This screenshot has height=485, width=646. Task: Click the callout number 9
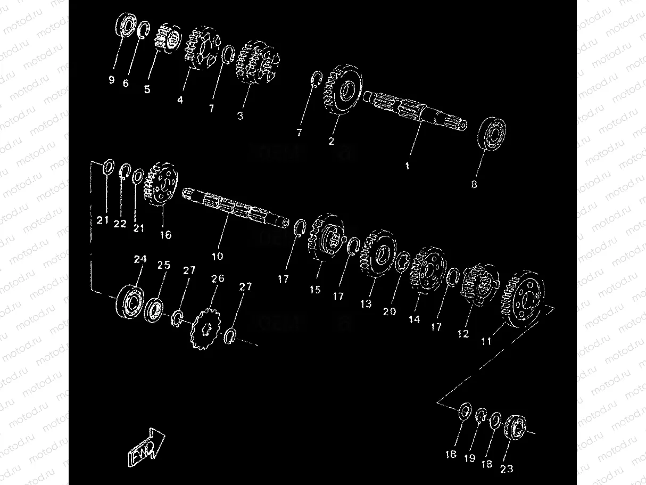coord(111,80)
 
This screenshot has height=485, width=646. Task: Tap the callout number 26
coord(218,278)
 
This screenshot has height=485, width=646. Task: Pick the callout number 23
coord(507,469)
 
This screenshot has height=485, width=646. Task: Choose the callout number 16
coord(165,234)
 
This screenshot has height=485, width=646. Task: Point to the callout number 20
coord(390,311)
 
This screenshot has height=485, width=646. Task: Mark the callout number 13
coord(366,303)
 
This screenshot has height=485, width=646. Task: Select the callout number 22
coord(120,224)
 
